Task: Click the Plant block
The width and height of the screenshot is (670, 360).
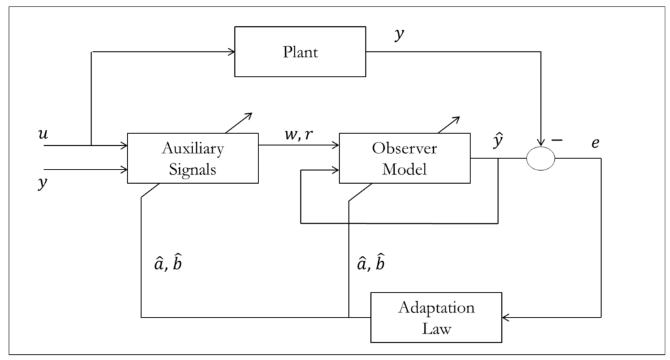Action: [x=300, y=52]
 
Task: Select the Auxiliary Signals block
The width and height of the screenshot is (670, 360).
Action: [x=192, y=158]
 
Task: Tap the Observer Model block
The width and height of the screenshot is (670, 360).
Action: [x=404, y=158]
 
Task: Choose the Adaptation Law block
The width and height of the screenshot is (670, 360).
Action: [x=436, y=317]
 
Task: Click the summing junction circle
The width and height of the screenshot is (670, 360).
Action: [x=541, y=158]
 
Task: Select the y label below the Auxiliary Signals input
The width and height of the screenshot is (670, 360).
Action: [x=44, y=184]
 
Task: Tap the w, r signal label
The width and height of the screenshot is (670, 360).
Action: [x=298, y=134]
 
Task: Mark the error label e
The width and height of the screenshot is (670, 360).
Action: [x=595, y=142]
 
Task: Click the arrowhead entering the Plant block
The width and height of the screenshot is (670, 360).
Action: [x=231, y=52]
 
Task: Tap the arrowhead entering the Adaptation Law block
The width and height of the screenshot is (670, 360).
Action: [x=506, y=317]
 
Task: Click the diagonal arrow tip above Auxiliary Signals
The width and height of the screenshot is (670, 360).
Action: [x=249, y=115]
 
